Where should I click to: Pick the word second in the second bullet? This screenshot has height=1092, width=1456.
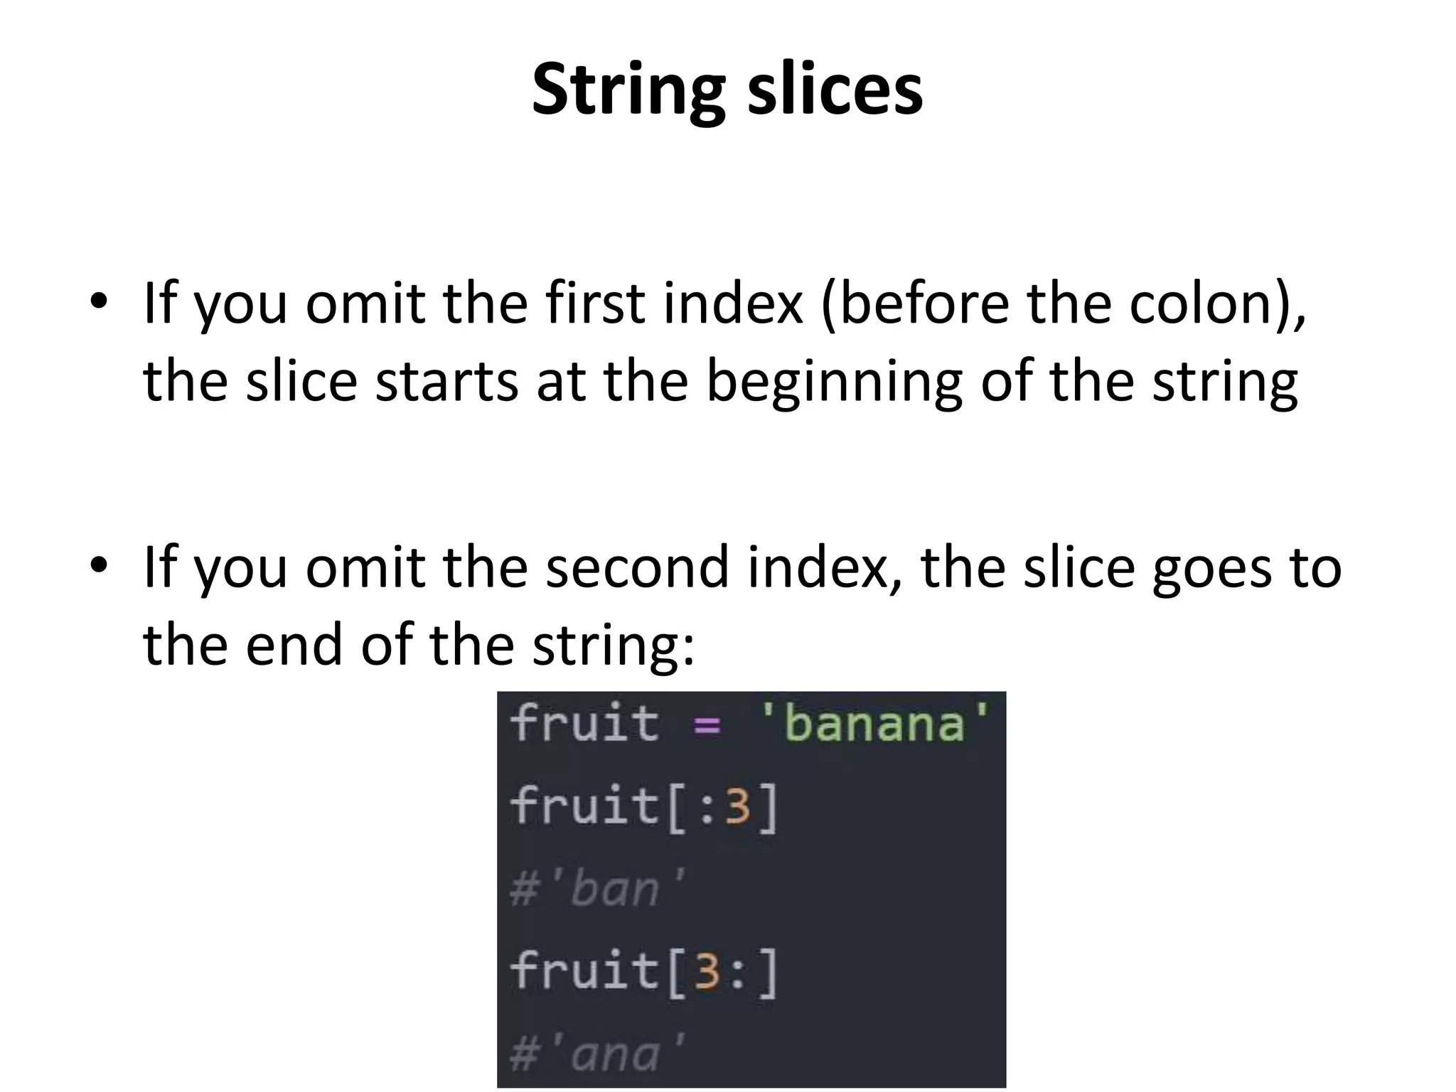[x=637, y=567]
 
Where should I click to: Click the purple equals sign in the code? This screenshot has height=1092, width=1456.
[x=707, y=726]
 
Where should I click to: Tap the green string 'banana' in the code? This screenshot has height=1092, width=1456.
[x=874, y=723]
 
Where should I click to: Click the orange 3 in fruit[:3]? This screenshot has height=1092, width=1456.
[x=738, y=807]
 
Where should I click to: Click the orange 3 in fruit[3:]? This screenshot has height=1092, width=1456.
[x=707, y=972]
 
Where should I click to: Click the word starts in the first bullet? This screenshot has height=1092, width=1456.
[x=446, y=382]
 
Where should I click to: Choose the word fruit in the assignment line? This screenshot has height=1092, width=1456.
[x=584, y=723]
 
